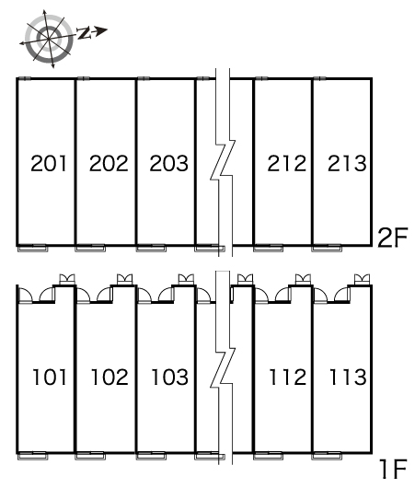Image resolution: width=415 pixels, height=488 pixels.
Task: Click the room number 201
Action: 49,163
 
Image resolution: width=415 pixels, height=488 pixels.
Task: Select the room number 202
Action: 109,163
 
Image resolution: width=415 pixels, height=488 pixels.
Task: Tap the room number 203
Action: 169,163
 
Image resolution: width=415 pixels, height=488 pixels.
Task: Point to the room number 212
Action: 287,163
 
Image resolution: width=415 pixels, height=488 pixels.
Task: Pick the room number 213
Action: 347,163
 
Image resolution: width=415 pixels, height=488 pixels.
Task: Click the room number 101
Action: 50,377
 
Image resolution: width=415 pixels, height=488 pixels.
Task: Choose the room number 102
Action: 110,377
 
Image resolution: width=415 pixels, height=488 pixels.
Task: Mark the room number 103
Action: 170,377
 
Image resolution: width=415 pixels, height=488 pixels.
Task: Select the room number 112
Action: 288,377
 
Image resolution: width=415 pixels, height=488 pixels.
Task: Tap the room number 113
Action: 348,377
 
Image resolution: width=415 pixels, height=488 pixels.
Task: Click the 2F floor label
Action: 392,238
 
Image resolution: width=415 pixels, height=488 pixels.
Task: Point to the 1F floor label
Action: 394,469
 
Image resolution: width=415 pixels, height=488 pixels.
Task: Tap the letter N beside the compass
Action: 85,32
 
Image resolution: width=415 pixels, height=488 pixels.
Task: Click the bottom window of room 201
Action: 32,248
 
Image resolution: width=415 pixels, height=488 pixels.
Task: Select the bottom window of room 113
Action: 327,456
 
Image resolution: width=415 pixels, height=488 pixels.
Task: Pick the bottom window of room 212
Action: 268,248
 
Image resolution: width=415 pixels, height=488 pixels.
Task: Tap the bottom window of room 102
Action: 90,456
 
